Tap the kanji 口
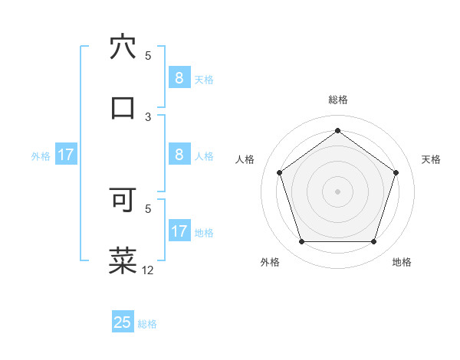[x=123, y=107]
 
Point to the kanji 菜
[x=123, y=260]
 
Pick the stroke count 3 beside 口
[x=148, y=116]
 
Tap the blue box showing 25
[x=123, y=322]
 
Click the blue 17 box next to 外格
[x=66, y=155]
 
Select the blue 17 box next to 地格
[x=179, y=231]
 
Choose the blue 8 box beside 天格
[x=179, y=78]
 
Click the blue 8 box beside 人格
[x=179, y=155]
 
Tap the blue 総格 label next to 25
[x=147, y=324]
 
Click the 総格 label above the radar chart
[x=337, y=100]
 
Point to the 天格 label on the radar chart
[x=431, y=159]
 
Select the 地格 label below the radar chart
[x=402, y=262]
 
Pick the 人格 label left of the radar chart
[x=245, y=159]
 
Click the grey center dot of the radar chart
[x=337, y=191]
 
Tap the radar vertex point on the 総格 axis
[x=337, y=131]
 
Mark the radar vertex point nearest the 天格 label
[x=396, y=172]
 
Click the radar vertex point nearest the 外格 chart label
[x=301, y=242]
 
